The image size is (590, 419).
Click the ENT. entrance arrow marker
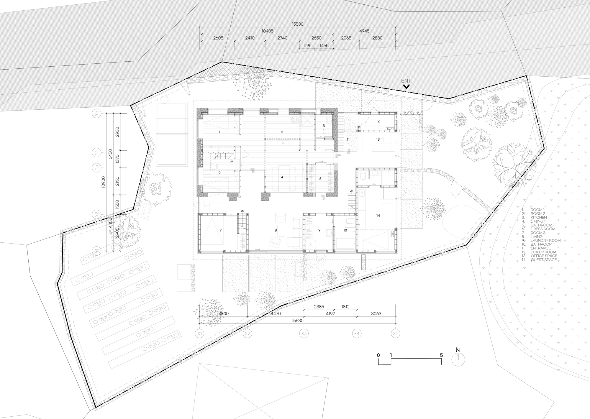[406, 87]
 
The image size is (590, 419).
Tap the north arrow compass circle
[458, 360]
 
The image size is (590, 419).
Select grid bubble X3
[304, 333]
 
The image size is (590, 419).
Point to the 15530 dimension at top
[298, 24]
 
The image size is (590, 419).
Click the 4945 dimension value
[364, 31]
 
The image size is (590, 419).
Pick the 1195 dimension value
[307, 46]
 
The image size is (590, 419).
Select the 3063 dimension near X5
[376, 314]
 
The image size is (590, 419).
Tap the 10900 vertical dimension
[103, 182]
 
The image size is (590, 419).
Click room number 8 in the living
[276, 230]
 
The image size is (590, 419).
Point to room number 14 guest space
[378, 216]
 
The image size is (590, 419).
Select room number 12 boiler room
[378, 121]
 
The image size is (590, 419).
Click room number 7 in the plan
[220, 230]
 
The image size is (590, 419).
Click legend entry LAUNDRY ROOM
[545, 240]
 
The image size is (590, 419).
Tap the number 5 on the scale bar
[441, 355]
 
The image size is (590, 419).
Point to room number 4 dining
[282, 177]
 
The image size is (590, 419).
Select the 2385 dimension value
[319, 307]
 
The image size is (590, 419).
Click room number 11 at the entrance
[348, 139]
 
